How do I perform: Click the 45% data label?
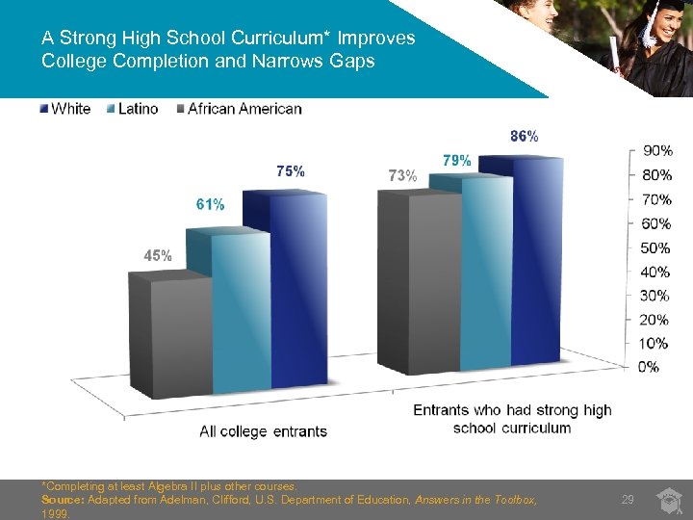pos(158,256)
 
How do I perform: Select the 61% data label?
pos(210,204)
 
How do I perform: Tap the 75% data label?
pos(291,171)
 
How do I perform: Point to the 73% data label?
pos(402,176)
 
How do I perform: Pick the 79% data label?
pos(456,160)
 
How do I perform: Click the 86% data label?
pos(524,137)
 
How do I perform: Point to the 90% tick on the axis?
pos(656,151)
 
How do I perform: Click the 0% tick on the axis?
pos(648,367)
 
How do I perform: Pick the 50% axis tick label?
pos(656,247)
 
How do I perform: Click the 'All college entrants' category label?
pos(263,431)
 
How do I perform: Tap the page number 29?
pos(628,499)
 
